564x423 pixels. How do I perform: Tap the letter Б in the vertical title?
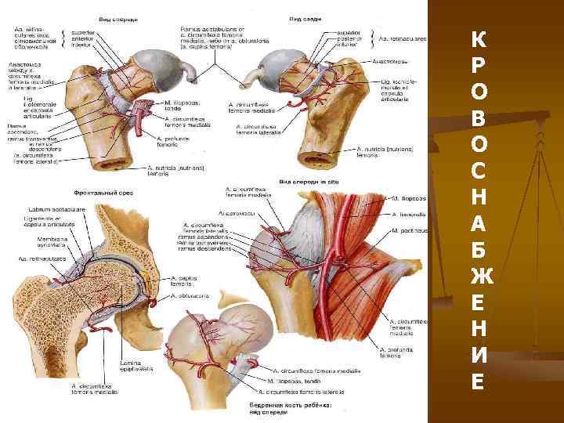pos(479,248)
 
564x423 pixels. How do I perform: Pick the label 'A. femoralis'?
pos(408,211)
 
